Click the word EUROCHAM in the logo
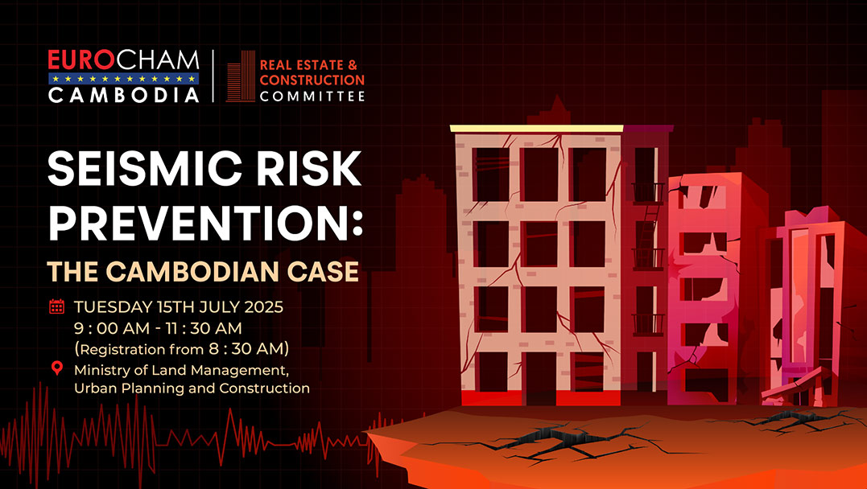[x=123, y=61]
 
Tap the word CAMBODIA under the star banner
[x=123, y=95]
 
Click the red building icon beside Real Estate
[x=241, y=76]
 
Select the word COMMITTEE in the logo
[x=312, y=97]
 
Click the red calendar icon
[x=57, y=306]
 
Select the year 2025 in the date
[x=263, y=306]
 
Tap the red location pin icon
[x=57, y=368]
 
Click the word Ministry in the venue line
[x=100, y=370]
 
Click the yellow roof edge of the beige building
[x=536, y=128]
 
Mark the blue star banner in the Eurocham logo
[x=123, y=79]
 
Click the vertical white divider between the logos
[x=213, y=76]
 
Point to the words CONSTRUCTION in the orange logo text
[x=312, y=80]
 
